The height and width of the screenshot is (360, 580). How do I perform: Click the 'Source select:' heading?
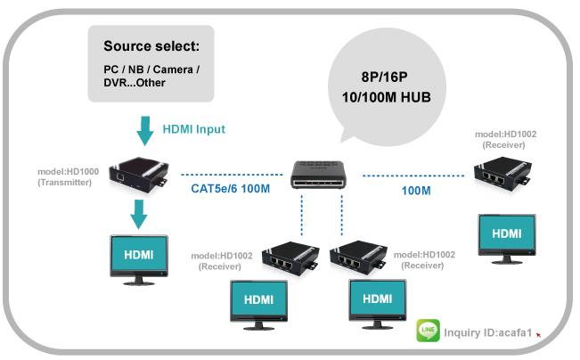coord(151,46)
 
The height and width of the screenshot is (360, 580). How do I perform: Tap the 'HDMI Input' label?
coord(193,129)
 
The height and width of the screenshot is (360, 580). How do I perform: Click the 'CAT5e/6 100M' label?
coord(230,188)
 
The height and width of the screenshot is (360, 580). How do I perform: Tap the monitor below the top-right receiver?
coord(507,236)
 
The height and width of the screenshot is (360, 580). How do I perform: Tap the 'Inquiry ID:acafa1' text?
coord(487,334)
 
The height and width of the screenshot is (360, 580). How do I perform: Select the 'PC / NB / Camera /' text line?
coord(151,69)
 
